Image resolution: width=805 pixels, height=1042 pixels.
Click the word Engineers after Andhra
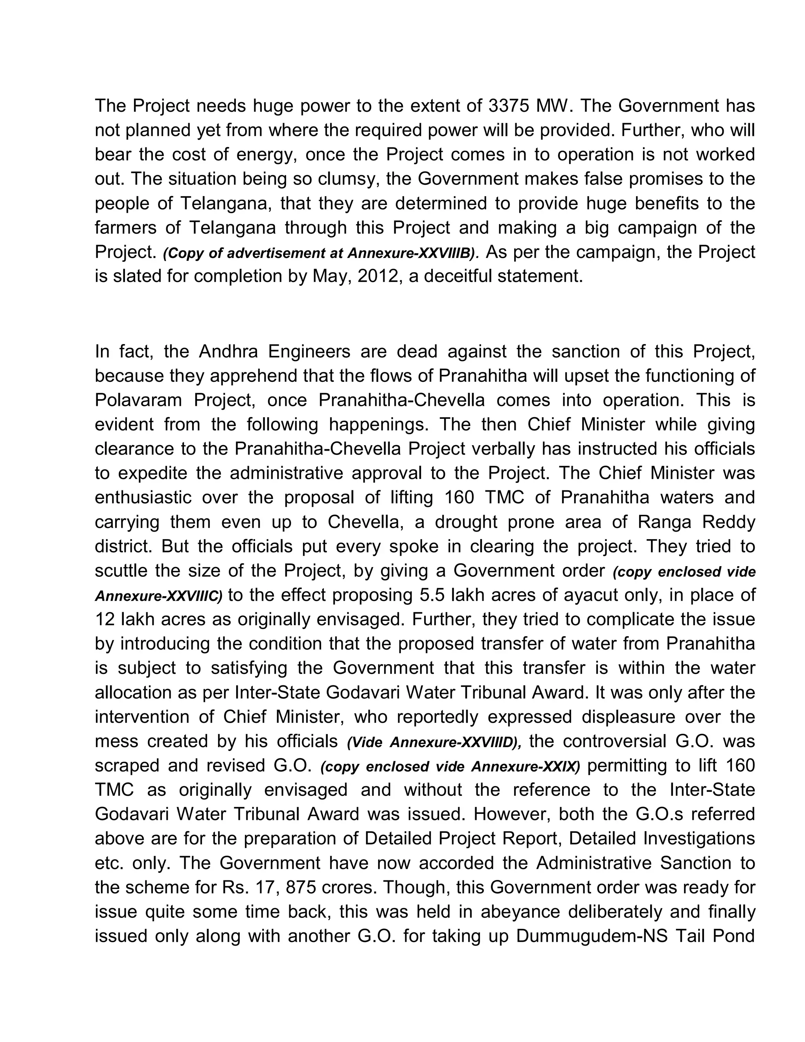tap(309, 352)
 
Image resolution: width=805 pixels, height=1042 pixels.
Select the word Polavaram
tap(138, 400)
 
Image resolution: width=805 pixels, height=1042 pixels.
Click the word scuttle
tap(121, 571)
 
